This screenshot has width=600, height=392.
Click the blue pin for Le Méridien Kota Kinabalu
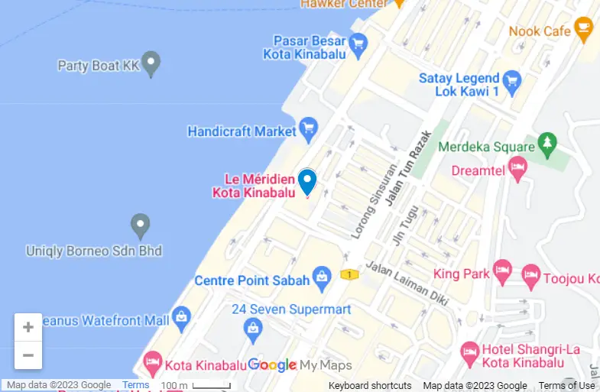click(307, 181)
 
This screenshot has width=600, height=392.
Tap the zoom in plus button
click(28, 328)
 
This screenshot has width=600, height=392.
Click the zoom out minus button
click(28, 355)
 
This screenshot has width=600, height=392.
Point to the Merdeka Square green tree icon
click(547, 143)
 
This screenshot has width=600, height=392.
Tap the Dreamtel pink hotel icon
click(518, 169)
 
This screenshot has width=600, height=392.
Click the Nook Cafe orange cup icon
click(585, 30)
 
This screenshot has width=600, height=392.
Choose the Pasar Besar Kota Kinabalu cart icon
click(357, 45)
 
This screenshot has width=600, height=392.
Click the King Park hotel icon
click(501, 270)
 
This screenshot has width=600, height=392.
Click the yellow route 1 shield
click(349, 274)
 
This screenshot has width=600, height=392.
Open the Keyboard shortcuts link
click(370, 386)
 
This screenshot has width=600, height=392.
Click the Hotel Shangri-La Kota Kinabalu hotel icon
click(472, 353)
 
